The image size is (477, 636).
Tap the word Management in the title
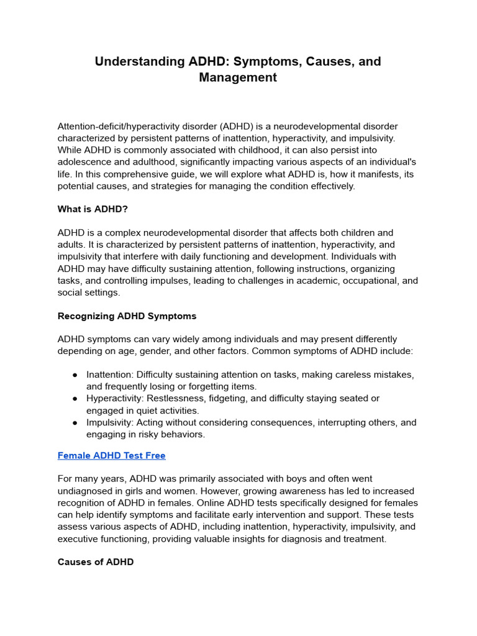[x=238, y=78]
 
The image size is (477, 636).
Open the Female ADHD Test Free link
[x=111, y=455]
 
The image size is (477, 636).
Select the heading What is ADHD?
[x=93, y=209]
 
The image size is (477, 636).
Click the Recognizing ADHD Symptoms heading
[x=127, y=316]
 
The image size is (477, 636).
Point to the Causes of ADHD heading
[x=95, y=562]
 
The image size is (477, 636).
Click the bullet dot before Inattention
[x=75, y=375]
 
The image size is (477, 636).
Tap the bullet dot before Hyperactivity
[x=75, y=399]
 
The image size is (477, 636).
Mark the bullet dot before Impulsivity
[x=75, y=422]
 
